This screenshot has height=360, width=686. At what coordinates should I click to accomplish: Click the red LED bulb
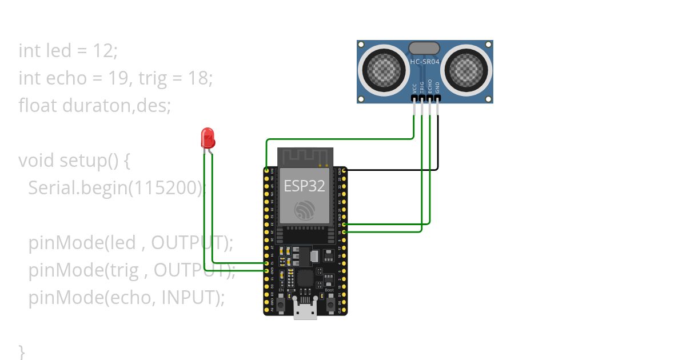pos(208,138)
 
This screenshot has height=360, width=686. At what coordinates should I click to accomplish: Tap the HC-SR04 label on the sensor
pos(425,61)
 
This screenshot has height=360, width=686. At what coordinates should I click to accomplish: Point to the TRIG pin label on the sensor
pos(422,87)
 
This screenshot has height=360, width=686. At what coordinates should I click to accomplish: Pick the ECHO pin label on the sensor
pos(430,87)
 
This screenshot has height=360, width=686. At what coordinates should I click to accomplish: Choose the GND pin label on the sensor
pos(438,87)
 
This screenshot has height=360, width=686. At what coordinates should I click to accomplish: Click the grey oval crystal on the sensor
pos(424,48)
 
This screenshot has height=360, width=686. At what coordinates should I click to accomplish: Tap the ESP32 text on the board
pos(305,186)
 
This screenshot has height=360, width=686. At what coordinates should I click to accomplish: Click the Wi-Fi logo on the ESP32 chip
pos(305,210)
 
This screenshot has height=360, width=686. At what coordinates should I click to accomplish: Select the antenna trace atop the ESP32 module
pos(305,156)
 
